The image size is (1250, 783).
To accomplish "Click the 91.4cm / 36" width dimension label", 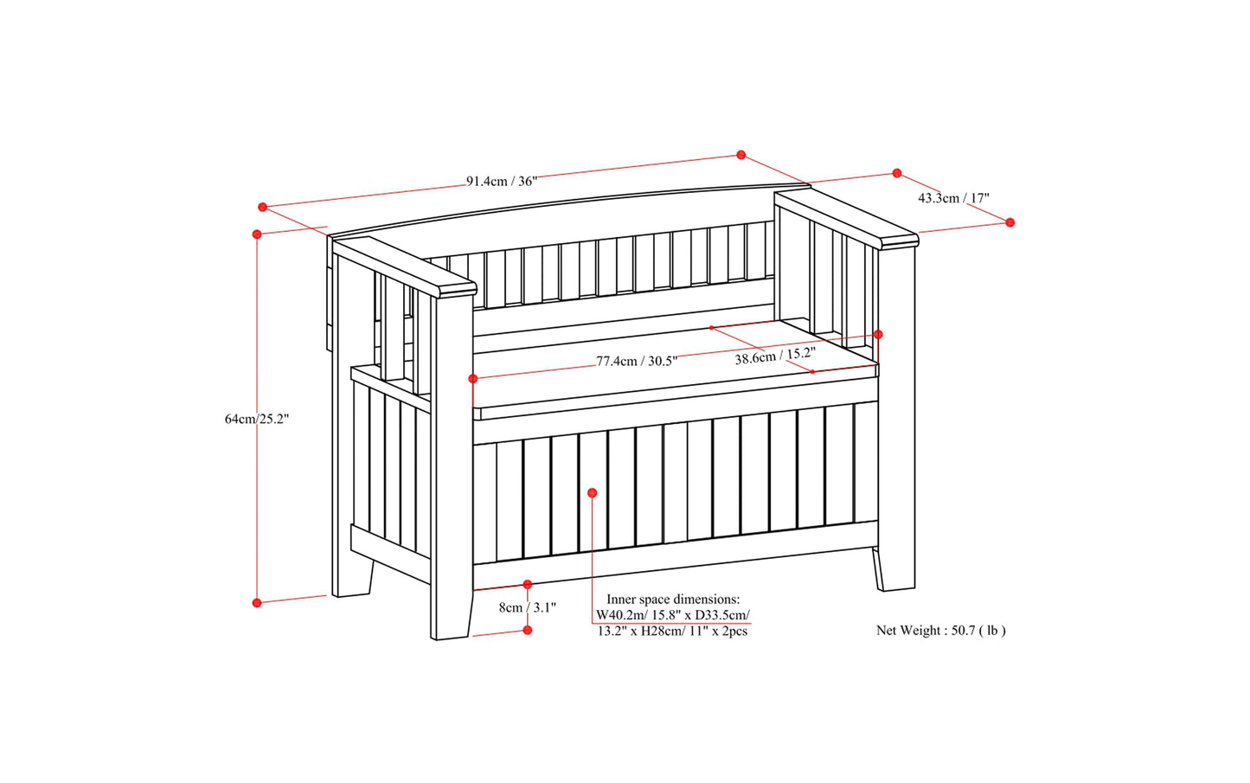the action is (x=502, y=182).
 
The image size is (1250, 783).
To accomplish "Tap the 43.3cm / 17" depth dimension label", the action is (x=953, y=198).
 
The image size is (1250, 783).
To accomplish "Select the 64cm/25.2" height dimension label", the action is (x=257, y=419).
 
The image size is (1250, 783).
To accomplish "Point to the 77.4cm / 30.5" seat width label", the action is (x=637, y=361).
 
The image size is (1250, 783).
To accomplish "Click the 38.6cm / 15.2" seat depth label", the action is (x=775, y=356).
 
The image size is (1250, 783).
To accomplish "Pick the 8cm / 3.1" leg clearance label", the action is (x=528, y=607).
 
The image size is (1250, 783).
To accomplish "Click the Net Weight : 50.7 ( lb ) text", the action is (x=941, y=631).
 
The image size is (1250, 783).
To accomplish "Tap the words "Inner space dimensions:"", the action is (x=674, y=600).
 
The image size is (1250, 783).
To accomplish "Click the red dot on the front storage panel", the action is (x=593, y=493).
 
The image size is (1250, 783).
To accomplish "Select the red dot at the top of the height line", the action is (x=257, y=234).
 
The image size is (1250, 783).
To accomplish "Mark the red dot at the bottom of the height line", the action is (x=257, y=603).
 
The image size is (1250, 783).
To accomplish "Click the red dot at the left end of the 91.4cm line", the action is (x=263, y=207).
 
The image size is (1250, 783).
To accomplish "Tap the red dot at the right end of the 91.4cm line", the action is (x=741, y=155).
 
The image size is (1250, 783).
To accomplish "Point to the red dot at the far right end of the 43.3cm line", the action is (x=1010, y=222).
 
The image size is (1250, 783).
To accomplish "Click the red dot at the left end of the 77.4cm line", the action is (x=473, y=379).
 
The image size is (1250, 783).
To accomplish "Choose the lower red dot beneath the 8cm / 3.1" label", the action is (x=528, y=630).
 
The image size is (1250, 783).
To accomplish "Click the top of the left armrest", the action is (x=405, y=266).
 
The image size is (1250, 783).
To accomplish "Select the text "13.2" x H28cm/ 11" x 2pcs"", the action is (x=672, y=632).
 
